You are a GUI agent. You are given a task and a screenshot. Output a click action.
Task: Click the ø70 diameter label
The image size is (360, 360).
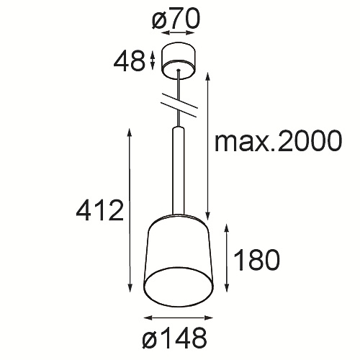coord(176,19)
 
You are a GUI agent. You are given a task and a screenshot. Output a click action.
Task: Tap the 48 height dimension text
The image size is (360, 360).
coord(130,62)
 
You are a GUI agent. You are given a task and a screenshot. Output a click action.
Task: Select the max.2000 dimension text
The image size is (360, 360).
coord(278,141)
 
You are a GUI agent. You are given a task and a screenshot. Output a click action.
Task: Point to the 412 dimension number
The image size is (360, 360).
coord(100,210)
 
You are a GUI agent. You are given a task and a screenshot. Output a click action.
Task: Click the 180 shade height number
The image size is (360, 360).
coord(256,260)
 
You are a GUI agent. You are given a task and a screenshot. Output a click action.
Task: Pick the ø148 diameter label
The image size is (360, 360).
coord(174,339)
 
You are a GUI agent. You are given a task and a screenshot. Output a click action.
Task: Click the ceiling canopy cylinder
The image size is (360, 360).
coord(179,61)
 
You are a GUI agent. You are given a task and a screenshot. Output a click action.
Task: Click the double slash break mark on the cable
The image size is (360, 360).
coord(179,105)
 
